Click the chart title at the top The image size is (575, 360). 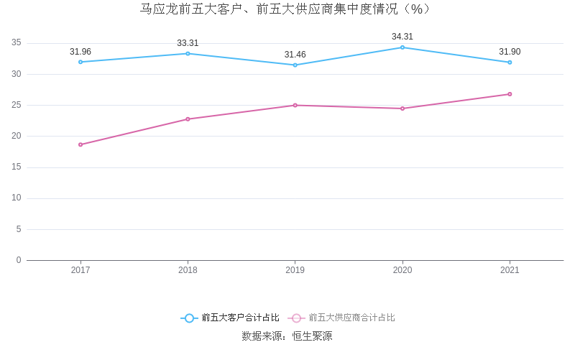287,9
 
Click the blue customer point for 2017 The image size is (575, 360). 80,62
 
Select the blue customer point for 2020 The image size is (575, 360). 402,47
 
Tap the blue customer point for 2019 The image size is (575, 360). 295,65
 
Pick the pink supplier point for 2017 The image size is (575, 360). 80,144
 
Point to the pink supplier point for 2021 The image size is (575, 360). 510,94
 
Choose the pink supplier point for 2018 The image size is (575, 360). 188,119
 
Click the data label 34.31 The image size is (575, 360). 402,37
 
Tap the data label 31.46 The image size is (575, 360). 295,55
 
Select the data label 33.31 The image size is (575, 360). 188,43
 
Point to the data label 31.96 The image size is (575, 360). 80,52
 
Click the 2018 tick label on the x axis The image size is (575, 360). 188,270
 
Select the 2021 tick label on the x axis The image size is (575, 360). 510,270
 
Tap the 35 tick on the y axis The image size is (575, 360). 17,43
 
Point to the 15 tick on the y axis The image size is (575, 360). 17,167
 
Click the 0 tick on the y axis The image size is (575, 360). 19,260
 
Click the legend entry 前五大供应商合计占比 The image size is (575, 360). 351,318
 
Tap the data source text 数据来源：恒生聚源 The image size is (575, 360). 287,336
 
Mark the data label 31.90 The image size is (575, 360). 510,52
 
